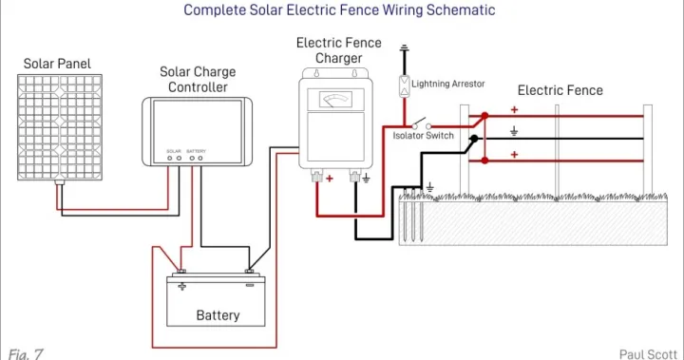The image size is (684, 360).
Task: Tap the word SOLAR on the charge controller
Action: [173, 150]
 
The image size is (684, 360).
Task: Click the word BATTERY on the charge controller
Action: [196, 150]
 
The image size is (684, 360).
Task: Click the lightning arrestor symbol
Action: [404, 85]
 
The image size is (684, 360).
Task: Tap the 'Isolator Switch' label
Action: [424, 136]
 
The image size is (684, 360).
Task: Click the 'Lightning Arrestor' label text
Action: [448, 84]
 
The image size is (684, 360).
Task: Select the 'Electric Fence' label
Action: [560, 90]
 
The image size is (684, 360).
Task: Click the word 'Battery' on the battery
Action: [218, 314]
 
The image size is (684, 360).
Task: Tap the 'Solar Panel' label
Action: [57, 64]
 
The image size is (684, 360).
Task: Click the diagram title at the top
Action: [339, 10]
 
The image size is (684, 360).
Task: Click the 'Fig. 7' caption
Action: [26, 352]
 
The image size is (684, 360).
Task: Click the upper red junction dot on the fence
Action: [484, 117]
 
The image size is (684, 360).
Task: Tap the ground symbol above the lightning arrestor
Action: [404, 48]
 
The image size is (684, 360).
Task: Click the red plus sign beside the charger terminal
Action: [330, 178]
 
